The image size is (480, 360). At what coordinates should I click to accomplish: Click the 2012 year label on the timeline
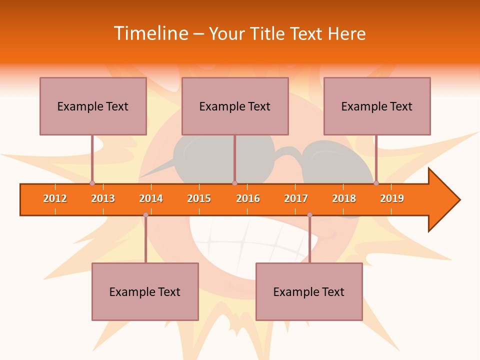(x=55, y=198)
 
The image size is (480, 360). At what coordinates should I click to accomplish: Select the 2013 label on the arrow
(x=103, y=198)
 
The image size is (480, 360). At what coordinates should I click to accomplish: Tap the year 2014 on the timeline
(x=151, y=198)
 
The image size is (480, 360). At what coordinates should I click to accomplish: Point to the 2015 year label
(x=199, y=198)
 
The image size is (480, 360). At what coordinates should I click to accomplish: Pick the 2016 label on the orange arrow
(x=248, y=198)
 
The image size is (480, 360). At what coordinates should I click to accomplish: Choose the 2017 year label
(x=296, y=198)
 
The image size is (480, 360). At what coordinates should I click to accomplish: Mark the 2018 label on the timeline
(x=344, y=198)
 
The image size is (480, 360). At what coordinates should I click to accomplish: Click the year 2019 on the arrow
(x=392, y=198)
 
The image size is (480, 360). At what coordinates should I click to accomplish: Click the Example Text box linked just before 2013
(x=93, y=106)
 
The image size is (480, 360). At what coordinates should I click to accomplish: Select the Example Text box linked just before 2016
(x=235, y=106)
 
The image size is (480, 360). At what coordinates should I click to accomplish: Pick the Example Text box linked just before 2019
(x=377, y=106)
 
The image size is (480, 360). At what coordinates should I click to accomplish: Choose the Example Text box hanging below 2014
(x=145, y=291)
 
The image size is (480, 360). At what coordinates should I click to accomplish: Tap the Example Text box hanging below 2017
(x=309, y=291)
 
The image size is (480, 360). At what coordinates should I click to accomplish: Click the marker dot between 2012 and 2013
(x=92, y=183)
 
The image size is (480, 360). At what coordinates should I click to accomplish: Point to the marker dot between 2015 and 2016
(x=234, y=183)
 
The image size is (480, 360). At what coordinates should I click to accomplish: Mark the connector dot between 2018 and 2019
(x=376, y=183)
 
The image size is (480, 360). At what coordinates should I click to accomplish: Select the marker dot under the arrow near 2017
(x=309, y=215)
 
